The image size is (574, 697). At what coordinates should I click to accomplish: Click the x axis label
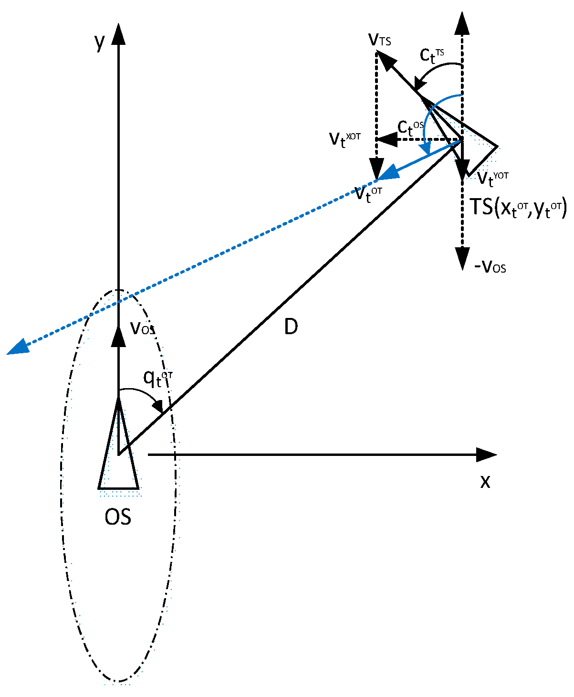pos(485,481)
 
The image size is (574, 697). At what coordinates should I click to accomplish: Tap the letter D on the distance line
pos(291,327)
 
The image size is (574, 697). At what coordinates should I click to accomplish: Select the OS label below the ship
pos(118,517)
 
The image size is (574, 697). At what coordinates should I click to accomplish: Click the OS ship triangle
pos(119,458)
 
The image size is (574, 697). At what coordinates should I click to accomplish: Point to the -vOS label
pos(490,266)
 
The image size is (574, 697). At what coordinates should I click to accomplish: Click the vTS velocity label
pos(380,40)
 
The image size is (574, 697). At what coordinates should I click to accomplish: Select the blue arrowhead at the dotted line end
pos(17,347)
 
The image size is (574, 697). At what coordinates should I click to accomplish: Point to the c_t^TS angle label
pos(432,55)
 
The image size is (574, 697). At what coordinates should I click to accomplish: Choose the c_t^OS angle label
pos(410,127)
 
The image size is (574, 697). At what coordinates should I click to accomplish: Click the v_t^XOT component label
pos(344,139)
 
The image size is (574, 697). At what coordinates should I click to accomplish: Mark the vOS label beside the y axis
pos(142,328)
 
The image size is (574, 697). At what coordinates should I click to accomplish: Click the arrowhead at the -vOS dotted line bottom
pos(462,258)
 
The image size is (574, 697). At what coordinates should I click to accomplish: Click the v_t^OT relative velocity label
pos(368,194)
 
